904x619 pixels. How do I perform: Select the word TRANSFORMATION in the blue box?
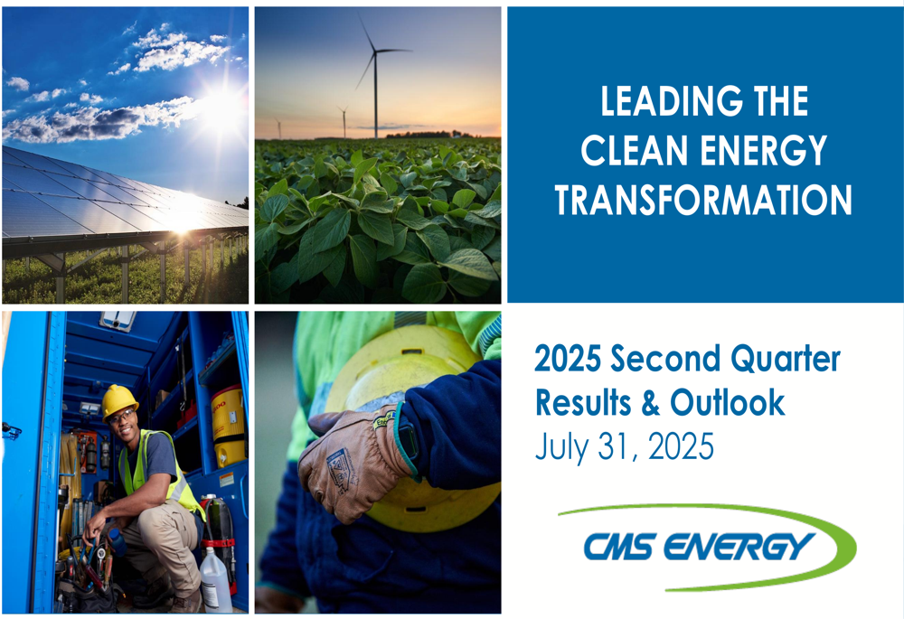703,200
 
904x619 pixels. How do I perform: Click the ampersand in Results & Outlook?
648,403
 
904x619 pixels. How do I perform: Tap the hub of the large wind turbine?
375,52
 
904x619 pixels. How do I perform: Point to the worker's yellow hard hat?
118,400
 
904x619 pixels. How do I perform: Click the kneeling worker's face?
122,420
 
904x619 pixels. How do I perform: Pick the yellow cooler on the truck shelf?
228,425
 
